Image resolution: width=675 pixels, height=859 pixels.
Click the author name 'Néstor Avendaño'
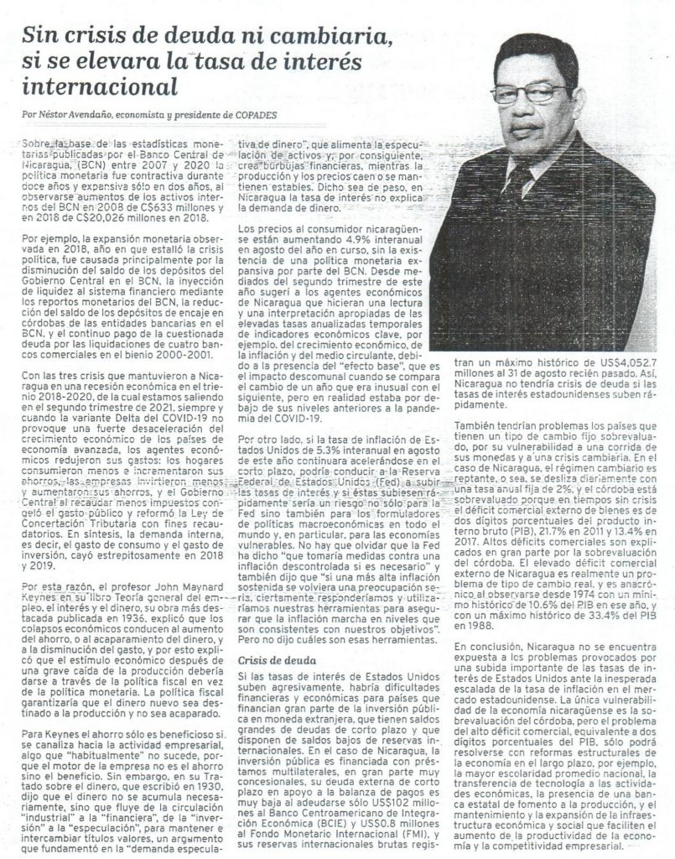tap(73, 113)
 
